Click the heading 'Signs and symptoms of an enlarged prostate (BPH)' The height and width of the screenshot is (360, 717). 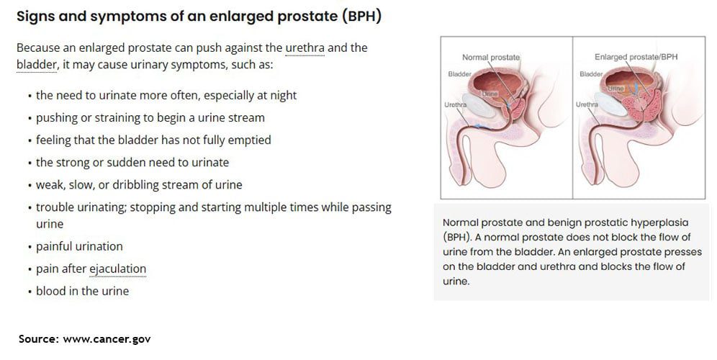(199, 17)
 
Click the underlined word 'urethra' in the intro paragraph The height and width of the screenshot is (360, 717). (305, 48)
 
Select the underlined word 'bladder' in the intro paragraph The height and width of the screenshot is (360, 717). (37, 65)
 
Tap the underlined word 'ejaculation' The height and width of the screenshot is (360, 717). (117, 269)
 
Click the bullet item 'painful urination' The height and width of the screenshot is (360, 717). (80, 246)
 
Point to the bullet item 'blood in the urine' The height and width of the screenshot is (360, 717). (82, 292)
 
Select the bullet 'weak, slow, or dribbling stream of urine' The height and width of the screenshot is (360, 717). (139, 185)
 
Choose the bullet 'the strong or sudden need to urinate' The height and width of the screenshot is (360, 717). (132, 163)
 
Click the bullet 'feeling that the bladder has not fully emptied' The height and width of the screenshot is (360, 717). (153, 140)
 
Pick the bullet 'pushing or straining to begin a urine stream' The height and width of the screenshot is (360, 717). (150, 117)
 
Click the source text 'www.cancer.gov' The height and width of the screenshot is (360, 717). (107, 339)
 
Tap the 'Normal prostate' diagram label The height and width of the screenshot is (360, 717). (491, 57)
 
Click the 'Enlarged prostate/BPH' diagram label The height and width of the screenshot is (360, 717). (636, 57)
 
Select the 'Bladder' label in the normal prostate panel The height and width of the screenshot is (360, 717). (459, 74)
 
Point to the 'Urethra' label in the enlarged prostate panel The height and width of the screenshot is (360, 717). (587, 104)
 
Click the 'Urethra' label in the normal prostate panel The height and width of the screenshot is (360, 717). (456, 104)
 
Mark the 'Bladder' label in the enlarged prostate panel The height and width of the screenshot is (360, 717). (591, 74)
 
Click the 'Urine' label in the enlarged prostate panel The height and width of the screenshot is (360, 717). (616, 88)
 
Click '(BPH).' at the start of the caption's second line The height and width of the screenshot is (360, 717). (457, 238)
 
